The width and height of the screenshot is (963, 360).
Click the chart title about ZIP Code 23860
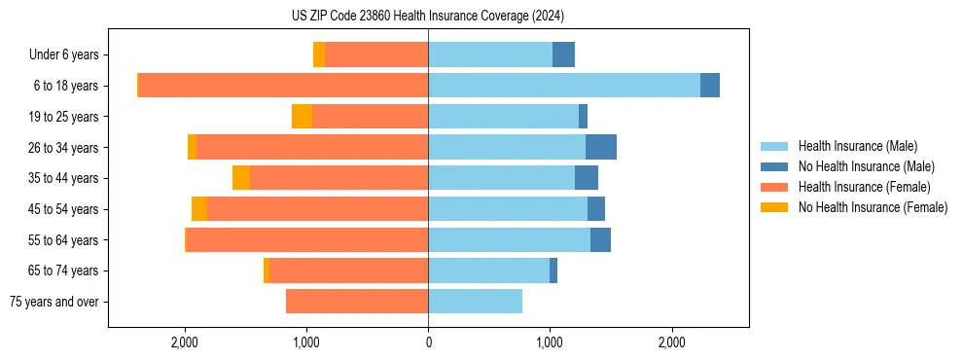coord(428,17)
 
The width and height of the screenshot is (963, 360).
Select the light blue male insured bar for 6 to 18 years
coord(564,86)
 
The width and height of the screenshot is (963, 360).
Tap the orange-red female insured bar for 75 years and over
coord(357,302)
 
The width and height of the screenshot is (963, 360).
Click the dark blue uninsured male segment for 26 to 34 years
coord(601,147)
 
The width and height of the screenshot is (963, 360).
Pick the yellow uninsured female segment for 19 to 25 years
coord(302,117)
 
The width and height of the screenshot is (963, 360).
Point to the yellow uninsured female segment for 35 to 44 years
coord(241,178)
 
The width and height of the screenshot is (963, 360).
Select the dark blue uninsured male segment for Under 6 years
coord(563,54)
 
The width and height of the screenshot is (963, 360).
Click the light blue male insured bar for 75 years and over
coord(475,302)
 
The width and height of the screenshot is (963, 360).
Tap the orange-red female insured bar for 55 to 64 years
coord(307,239)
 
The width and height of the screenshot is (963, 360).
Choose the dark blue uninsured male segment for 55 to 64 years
coord(600,239)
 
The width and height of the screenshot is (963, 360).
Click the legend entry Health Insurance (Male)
coord(857,146)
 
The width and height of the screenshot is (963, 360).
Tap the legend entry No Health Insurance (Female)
coord(873,207)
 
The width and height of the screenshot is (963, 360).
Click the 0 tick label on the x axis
coord(428,342)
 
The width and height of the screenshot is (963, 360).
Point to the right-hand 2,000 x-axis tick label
coord(672,342)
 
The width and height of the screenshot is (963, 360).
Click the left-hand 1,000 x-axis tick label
coord(306,342)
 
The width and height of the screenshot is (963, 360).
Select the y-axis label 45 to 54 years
coord(63,209)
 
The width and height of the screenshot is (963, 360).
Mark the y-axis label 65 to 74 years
coord(63,270)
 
